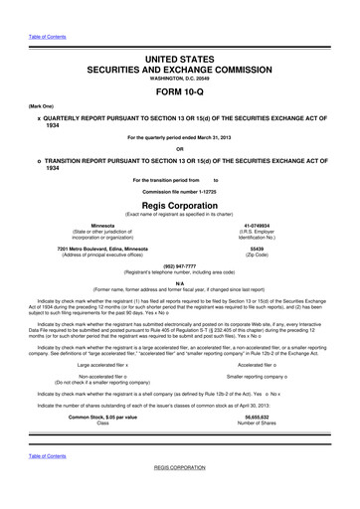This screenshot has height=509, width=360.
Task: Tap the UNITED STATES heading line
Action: coord(180,60)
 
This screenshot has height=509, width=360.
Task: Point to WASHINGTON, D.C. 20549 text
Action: coord(180,83)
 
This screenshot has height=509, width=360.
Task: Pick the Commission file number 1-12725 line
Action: coord(180,190)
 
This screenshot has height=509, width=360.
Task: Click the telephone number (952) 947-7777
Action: coord(180,265)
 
